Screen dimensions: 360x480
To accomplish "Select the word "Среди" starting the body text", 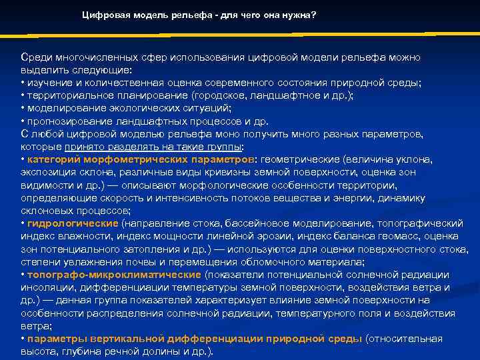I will (35, 57).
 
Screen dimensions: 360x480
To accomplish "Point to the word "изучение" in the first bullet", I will (47, 83).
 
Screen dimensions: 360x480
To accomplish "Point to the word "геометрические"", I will (299, 159).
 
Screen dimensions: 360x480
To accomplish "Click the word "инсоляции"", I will (45, 287).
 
